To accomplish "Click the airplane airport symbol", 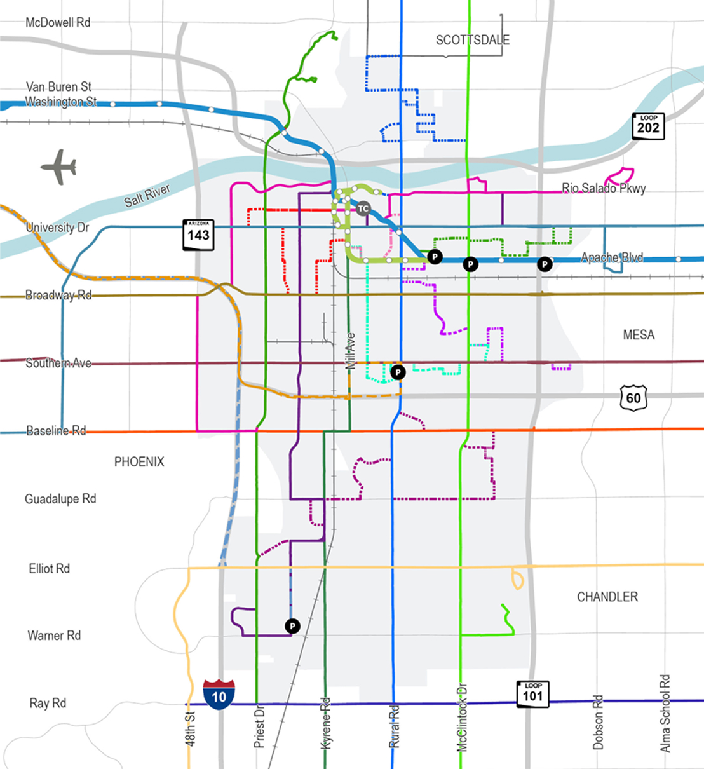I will (x=59, y=167).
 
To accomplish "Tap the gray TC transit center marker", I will (x=363, y=208).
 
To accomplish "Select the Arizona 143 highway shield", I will (x=198, y=235).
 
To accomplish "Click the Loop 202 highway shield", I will (x=648, y=126).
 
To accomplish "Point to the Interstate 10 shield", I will (x=219, y=694).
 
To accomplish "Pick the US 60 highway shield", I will (x=633, y=398).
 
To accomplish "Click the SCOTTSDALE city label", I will (x=472, y=40).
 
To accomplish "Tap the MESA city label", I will (x=639, y=335).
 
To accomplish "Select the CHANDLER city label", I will (x=607, y=597).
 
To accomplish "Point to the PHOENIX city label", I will (x=139, y=462).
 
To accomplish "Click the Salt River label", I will (x=147, y=196).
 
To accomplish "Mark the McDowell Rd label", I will (x=58, y=23).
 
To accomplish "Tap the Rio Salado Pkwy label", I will (x=604, y=188).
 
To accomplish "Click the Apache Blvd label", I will (x=612, y=257).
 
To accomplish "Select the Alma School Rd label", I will (x=665, y=714).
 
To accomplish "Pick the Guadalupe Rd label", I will (x=60, y=499).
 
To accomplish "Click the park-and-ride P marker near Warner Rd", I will (x=292, y=626).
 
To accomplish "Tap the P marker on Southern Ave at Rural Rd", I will (x=398, y=372).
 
